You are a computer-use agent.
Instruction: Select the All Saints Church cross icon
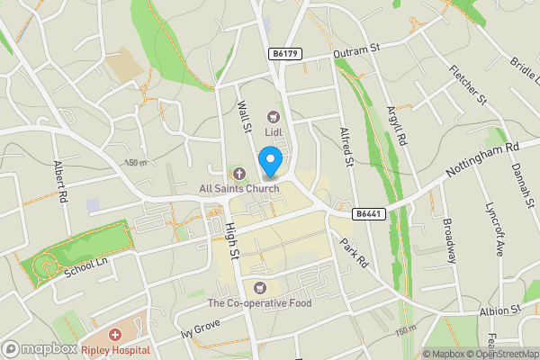point(238,173)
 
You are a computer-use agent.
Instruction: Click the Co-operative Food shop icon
point(261,288)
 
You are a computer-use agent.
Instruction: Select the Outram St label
point(353,53)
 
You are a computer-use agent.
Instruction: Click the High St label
point(233,243)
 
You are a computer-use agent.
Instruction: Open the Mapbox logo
point(40,348)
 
